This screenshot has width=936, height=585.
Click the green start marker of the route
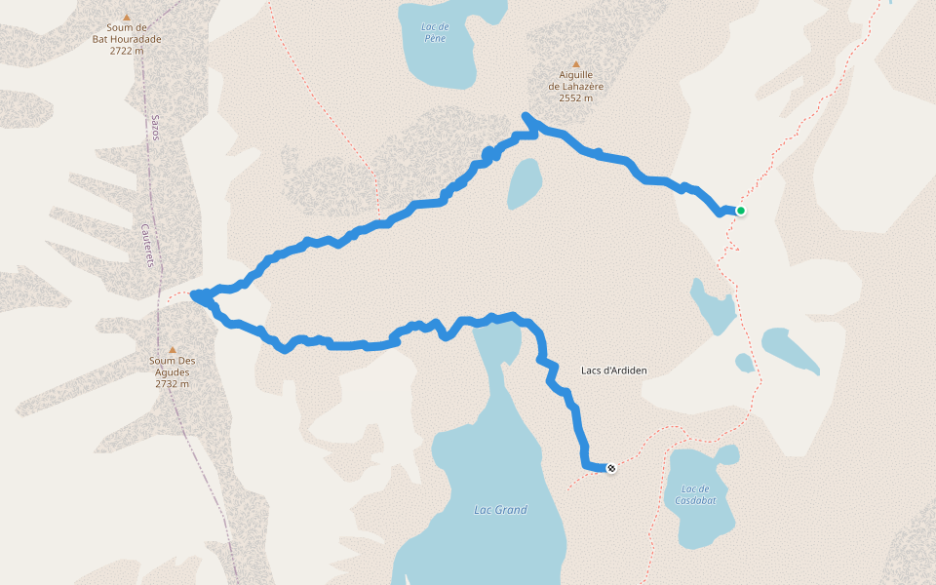click(741, 211)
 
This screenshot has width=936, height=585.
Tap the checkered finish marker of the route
click(611, 469)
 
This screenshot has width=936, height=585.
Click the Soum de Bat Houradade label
click(127, 34)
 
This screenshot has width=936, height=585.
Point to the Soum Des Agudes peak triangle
click(173, 350)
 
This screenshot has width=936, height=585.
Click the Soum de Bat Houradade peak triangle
click(126, 17)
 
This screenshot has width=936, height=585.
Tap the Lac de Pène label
click(434, 32)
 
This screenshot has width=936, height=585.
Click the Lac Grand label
click(499, 510)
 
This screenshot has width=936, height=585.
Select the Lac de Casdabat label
click(695, 494)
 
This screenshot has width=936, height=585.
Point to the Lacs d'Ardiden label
click(614, 370)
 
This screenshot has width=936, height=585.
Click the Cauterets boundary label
click(145, 246)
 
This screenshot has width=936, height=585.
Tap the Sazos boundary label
click(154, 126)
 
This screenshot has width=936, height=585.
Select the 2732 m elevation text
click(172, 384)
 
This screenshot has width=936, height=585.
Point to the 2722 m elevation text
click(127, 51)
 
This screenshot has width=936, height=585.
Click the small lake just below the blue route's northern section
click(524, 183)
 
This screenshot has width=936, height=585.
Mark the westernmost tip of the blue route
click(193, 294)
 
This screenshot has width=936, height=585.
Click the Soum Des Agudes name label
click(172, 367)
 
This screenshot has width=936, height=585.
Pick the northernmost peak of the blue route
click(526, 116)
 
